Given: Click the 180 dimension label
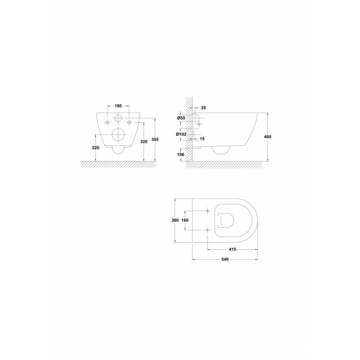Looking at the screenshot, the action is point(118,106).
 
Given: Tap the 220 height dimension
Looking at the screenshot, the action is point(95,148).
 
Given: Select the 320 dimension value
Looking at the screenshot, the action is point(144,142).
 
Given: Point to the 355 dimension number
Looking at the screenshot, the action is point(155,139).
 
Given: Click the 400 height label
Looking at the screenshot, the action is point(267,137).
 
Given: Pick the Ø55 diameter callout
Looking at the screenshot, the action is point(181,118).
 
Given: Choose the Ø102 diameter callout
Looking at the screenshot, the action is point(181,134).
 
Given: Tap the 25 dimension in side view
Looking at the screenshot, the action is point(203,108).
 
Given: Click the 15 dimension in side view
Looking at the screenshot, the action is point(202,139).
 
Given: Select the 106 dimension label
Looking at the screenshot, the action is point(181,154).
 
